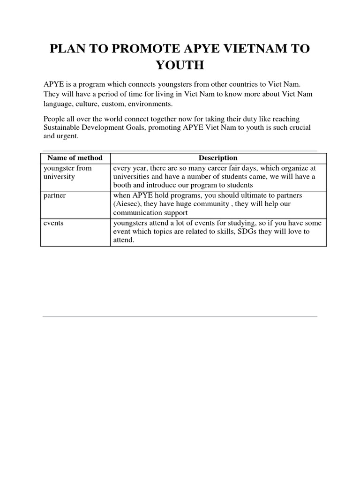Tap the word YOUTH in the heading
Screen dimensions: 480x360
[x=180, y=65]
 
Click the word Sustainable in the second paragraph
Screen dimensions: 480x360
[x=60, y=127]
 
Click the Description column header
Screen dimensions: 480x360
[x=218, y=158]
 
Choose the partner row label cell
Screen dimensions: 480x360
[x=54, y=195]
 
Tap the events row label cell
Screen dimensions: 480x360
[x=53, y=223]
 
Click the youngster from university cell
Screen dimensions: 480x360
[x=67, y=172]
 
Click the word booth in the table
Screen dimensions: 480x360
[x=122, y=185]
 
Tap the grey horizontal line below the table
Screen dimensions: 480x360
[x=180, y=316]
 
